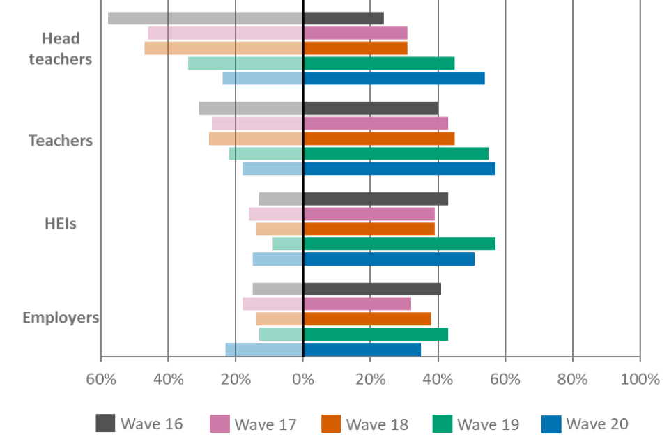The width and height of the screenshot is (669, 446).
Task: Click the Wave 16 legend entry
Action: point(139,424)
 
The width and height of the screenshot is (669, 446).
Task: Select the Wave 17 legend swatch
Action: point(220,424)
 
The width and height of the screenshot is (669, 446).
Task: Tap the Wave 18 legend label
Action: point(377,424)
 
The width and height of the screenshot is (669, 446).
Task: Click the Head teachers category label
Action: point(61,49)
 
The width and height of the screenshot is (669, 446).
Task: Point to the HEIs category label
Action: point(61,224)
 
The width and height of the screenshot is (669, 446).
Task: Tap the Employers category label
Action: point(61,318)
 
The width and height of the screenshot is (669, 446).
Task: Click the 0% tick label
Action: point(302,380)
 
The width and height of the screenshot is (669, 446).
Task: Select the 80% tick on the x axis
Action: point(573,380)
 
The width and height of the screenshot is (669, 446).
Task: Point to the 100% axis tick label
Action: point(638,380)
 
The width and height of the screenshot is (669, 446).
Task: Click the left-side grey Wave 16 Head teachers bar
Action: point(205,18)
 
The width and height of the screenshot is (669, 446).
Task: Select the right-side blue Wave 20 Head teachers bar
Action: point(394,79)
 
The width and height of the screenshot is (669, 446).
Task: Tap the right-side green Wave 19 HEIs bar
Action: point(399,244)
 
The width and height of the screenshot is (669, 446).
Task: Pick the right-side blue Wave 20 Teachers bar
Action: point(399,169)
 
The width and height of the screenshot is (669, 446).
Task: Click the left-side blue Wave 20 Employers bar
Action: point(263,349)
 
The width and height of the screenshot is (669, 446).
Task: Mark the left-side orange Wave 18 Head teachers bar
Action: point(223,48)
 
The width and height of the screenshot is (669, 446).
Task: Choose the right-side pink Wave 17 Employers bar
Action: point(357,304)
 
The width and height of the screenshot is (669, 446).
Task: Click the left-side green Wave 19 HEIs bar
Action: point(287,244)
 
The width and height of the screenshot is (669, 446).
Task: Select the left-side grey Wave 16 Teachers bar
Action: point(250,109)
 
